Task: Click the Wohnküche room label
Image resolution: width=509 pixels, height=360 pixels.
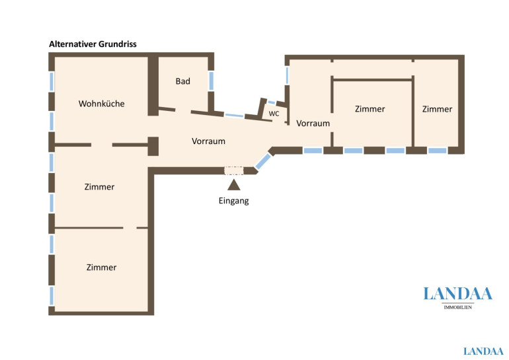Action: (102, 104)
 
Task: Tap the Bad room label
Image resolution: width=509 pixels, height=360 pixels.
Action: (182, 81)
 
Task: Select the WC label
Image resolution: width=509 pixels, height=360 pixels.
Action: (274, 114)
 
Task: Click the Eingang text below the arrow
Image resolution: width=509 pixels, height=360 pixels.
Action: (234, 201)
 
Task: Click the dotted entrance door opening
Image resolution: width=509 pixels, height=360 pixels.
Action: (234, 170)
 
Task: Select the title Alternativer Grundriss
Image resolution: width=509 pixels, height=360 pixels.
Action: (93, 44)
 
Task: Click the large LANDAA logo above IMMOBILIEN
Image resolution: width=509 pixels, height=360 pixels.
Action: (457, 294)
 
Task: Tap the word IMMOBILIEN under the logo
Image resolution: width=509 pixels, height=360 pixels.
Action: (457, 307)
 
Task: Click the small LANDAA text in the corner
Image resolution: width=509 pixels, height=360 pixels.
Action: (483, 351)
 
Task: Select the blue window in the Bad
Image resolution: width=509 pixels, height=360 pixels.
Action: (212, 81)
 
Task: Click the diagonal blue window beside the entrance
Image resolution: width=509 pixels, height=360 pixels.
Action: (263, 162)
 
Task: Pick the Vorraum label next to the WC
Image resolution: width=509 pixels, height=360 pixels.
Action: (313, 124)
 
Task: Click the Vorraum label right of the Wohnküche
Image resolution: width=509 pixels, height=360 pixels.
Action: (208, 141)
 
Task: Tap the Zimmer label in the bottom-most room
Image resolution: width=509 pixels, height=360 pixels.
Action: (101, 268)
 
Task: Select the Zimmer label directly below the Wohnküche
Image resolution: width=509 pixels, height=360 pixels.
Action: (99, 187)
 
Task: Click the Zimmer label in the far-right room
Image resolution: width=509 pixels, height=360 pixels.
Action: (437, 109)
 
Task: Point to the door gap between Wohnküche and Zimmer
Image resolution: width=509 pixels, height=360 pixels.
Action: (102, 145)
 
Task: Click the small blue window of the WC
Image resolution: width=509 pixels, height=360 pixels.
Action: (272, 102)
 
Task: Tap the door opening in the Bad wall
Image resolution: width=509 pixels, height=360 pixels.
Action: (183, 111)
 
